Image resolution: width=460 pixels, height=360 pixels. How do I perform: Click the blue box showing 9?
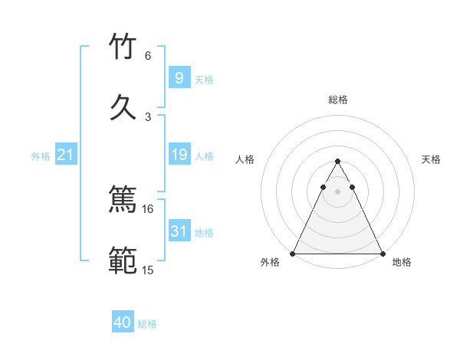179,78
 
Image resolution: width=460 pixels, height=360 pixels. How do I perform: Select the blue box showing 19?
179,155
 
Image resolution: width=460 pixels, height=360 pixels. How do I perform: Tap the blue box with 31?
179,232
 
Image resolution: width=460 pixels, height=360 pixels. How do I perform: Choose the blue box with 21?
65,155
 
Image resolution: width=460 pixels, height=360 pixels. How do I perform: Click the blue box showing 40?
123,322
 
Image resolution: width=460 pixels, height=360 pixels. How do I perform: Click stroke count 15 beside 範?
148,270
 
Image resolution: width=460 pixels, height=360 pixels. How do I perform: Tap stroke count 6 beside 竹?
148,56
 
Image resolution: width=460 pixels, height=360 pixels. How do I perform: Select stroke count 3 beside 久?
148,116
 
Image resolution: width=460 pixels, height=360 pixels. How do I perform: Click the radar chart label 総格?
337,100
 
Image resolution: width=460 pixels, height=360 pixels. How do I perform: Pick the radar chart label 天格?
431,159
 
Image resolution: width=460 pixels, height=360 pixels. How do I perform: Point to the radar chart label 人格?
245,159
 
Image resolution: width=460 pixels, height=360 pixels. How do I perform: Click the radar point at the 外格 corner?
293,253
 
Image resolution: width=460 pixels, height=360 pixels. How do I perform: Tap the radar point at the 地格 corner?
382,253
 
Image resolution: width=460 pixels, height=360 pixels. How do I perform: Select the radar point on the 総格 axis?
337,162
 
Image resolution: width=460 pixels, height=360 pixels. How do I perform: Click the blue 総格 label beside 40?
147,324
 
